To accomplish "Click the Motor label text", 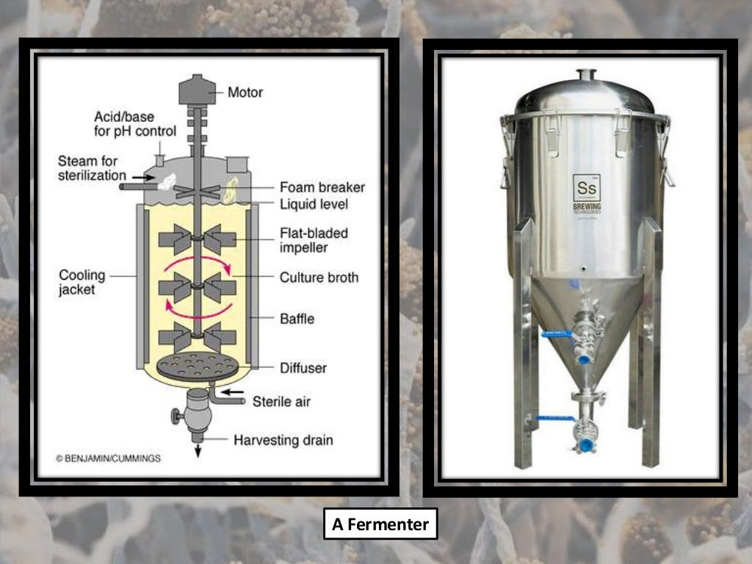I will click(245, 93).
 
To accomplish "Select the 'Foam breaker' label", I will click(322, 187).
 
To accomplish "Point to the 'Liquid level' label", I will click(314, 203).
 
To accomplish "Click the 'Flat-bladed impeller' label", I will click(314, 239).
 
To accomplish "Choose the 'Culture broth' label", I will click(319, 278).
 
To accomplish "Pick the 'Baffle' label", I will click(297, 319).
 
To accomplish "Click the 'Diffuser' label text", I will click(303, 367).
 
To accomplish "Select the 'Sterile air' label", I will click(281, 402).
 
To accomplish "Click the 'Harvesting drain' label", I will click(283, 441).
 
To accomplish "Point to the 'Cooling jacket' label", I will click(82, 283).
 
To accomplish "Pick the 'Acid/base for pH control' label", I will click(135, 124).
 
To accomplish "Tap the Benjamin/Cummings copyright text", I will click(108, 458).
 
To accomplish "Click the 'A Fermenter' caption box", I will click(380, 524).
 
